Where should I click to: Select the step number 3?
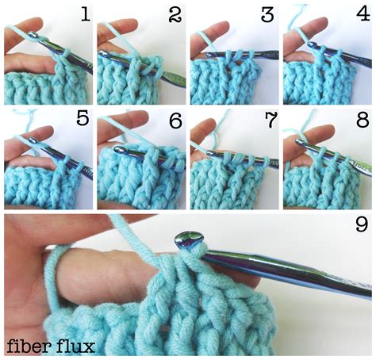[x=267, y=14]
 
